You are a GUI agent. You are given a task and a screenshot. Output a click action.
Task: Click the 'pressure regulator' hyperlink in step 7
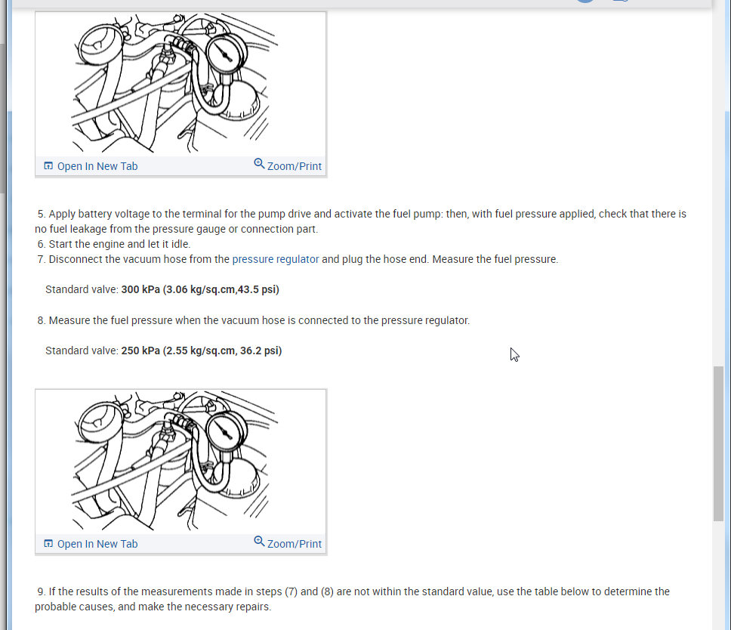[x=276, y=259]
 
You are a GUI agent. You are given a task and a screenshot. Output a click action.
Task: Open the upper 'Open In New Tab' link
[x=97, y=166]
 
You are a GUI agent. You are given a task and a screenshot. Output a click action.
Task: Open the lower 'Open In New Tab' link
[x=97, y=544]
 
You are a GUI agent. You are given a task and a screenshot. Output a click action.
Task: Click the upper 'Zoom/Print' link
[x=295, y=166]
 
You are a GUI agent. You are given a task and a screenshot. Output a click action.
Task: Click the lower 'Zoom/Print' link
[x=295, y=544]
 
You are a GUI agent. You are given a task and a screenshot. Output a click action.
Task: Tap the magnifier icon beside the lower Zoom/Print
[x=259, y=542]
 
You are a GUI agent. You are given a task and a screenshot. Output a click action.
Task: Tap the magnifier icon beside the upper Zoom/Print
[x=259, y=164]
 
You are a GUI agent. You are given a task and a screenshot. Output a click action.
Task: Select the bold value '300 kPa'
[x=140, y=289]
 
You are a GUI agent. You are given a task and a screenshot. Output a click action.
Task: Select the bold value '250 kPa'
[x=140, y=351]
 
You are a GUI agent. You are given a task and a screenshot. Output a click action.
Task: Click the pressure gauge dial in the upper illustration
[x=227, y=55]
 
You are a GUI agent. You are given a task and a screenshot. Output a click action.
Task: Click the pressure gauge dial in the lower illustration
[x=227, y=433]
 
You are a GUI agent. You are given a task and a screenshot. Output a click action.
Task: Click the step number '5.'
[x=42, y=214]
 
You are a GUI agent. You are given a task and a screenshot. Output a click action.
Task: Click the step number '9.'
[x=42, y=591]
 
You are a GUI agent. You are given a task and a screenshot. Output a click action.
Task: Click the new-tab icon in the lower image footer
[x=48, y=543]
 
